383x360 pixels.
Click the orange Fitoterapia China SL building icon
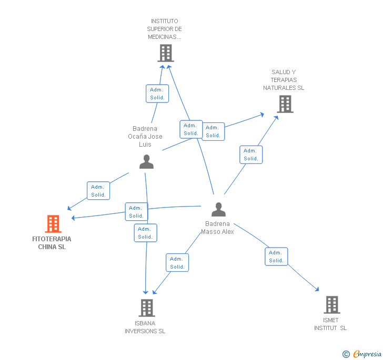tap(53, 224)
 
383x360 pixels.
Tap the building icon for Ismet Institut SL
tap(332, 305)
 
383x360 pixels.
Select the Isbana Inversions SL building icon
tap(147, 308)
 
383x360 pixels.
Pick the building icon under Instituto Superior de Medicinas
tap(166, 53)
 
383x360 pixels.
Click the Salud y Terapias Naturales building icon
tap(285, 104)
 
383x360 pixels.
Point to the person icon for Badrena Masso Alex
tap(218, 209)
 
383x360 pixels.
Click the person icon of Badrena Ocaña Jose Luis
tap(146, 162)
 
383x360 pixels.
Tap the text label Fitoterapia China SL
tap(52, 243)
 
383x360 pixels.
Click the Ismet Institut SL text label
tap(330, 324)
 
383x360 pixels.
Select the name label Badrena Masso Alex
tap(217, 228)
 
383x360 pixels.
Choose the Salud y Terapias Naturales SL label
tap(284, 80)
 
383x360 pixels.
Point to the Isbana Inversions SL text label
tap(145, 327)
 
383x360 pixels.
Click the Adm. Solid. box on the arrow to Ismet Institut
tap(276, 256)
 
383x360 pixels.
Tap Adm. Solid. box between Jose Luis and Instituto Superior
tap(157, 94)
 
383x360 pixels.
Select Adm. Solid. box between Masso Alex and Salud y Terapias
tap(251, 155)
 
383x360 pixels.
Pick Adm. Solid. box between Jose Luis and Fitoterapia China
tap(98, 191)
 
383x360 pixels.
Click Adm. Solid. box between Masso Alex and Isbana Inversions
tap(177, 263)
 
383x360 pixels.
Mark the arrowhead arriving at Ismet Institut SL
tap(317, 289)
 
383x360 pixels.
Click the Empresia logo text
tap(367, 354)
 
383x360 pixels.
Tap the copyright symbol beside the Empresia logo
tap(346, 354)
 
